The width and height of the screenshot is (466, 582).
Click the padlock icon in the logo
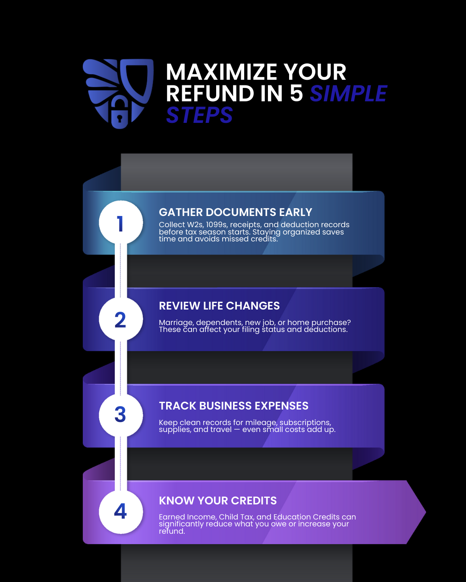[120, 113]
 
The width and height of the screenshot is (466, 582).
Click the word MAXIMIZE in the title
[221, 72]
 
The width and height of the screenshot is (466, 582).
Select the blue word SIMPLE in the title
[349, 94]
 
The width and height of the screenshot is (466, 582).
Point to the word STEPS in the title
[199, 115]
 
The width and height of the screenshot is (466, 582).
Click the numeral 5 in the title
[296, 94]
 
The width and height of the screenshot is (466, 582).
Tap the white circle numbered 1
[121, 222]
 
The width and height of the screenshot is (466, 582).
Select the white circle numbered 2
[121, 319]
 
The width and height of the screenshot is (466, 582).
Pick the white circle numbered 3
[121, 415]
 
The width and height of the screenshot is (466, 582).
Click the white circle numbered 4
[121, 512]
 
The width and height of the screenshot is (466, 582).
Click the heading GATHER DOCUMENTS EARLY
[236, 212]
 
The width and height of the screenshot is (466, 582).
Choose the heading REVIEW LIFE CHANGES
[219, 306]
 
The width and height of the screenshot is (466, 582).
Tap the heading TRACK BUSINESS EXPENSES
[234, 406]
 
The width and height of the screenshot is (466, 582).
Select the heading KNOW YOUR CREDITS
[218, 501]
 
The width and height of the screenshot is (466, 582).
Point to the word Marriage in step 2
[176, 322]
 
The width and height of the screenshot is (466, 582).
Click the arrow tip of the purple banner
[425, 512]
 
